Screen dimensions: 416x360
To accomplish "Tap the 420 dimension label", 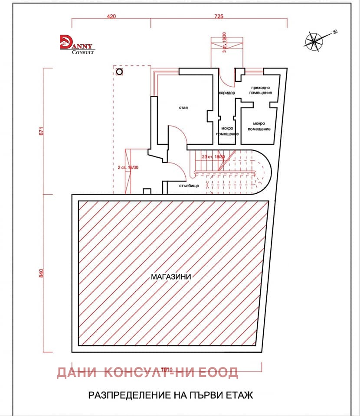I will [111, 16].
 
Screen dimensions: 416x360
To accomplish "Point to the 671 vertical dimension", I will [42, 131].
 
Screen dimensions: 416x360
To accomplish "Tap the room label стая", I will [183, 107].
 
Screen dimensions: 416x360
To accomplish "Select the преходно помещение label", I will [261, 90].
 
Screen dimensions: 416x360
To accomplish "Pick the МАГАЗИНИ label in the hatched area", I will [171, 276].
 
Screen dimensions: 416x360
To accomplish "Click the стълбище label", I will [189, 186].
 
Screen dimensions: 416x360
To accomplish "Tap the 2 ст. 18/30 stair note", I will [128, 167].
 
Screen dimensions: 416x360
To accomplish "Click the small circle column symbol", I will [119, 71].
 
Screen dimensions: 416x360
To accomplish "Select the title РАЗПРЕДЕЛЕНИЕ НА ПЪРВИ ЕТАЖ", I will [170, 395].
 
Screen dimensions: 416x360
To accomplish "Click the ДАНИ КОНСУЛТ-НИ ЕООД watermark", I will [147, 372].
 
